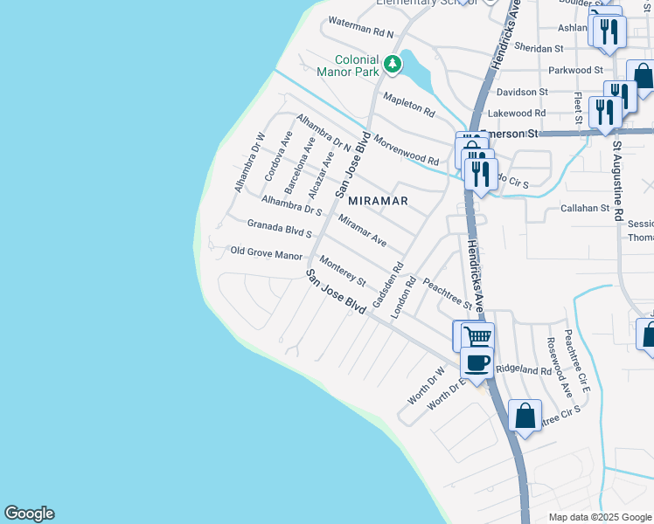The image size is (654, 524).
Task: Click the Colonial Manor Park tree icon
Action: pos(393,63)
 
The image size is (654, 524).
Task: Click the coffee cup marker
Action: pos(477,362)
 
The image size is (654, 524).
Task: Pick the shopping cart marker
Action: pos(477,336)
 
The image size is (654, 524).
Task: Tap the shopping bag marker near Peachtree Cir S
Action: pos(525,416)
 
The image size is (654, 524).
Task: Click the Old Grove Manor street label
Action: pos(266,253)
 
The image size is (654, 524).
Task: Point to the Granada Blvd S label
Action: pos(280,229)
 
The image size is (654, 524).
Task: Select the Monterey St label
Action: pos(342,272)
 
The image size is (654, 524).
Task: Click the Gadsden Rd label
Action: pos(387,285)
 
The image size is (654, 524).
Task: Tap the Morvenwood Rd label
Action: pos(406,149)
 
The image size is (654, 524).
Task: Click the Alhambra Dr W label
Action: pos(248,162)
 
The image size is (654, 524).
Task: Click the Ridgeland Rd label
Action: pos(524,369)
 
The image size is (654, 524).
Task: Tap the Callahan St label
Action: pos(584,209)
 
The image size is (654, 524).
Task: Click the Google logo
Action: pos(29,514)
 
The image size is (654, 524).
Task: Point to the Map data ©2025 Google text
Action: pos(599,517)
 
